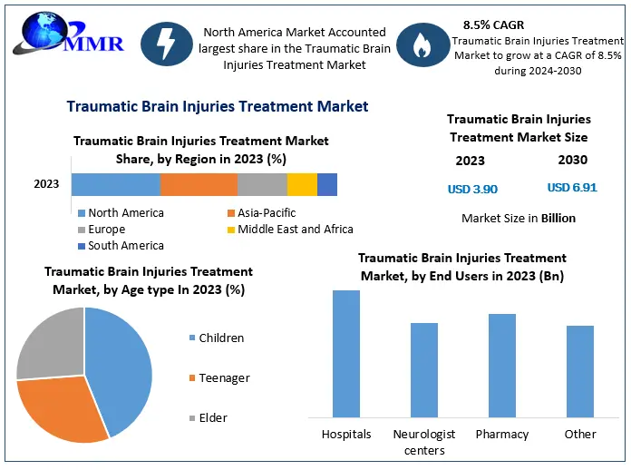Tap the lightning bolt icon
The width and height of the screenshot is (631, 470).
point(166,44)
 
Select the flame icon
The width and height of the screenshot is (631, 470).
point(422,44)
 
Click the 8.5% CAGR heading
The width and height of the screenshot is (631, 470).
point(493,25)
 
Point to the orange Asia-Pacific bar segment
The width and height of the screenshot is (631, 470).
point(199,184)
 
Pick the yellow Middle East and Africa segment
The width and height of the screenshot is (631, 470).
point(302,184)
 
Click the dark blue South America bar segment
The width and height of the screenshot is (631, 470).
point(327,184)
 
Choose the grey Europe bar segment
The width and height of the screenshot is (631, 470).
point(262,184)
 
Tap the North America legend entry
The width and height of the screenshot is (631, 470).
point(121,212)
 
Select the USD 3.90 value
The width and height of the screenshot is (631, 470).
point(472,189)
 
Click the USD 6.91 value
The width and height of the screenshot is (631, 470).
point(572,187)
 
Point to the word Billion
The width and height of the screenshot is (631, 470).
point(558,218)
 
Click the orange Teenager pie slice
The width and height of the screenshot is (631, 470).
point(61,406)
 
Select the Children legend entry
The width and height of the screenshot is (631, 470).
point(217,338)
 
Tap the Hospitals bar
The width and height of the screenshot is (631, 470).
point(346,354)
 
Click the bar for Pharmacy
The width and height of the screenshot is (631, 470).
point(502,366)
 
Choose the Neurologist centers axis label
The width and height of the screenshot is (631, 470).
point(424,442)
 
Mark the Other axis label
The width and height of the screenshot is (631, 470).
point(580,434)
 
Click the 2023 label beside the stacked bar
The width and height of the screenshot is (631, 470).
point(46,184)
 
